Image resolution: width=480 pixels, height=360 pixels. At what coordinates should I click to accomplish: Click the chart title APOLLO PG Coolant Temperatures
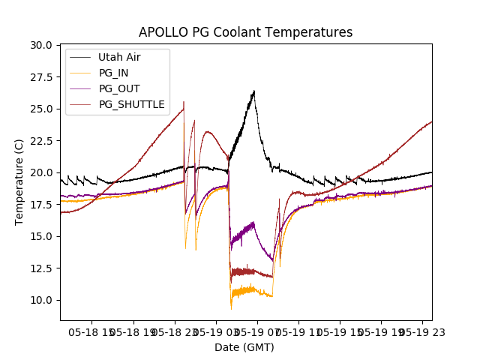245,32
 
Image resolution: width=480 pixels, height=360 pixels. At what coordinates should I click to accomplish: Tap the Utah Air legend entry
118,57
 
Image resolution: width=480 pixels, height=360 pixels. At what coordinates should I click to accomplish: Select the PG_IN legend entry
113,73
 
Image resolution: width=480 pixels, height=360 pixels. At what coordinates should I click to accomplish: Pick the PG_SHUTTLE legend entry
131,104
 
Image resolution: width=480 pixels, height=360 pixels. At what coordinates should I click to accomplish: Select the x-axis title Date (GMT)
244,347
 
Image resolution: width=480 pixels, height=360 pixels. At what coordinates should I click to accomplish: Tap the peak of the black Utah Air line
254,91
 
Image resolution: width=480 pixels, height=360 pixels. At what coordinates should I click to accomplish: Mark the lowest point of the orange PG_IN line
231,309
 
